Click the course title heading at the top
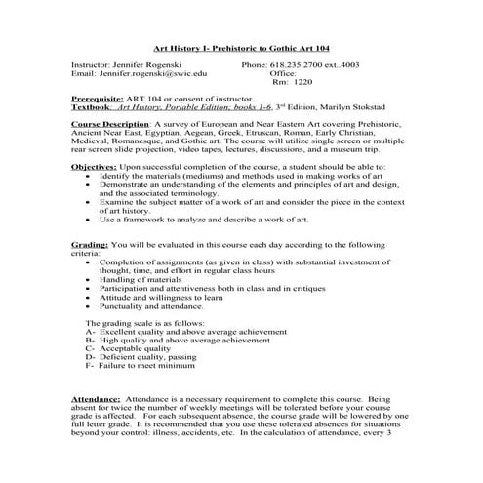tap(242, 47)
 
